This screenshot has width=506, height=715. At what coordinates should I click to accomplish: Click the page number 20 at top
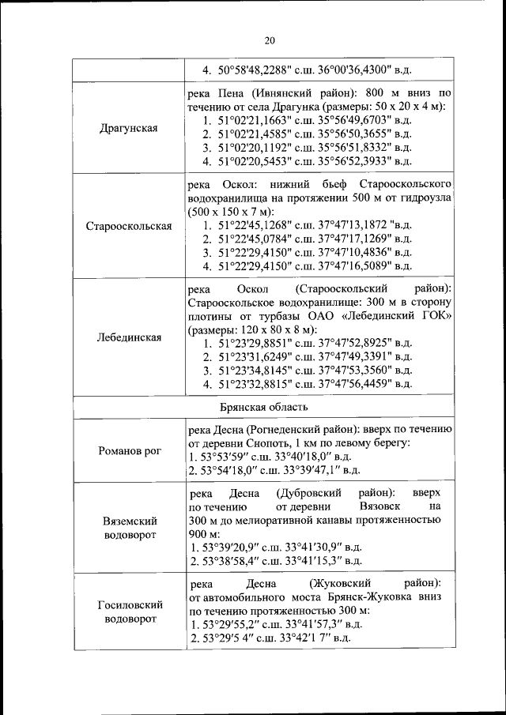[269, 40]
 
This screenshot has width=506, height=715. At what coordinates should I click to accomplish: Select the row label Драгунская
[129, 127]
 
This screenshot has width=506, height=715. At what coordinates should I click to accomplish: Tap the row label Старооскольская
[129, 225]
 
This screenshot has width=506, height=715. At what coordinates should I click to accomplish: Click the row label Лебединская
[129, 337]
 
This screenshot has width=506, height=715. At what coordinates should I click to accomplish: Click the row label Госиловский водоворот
[129, 611]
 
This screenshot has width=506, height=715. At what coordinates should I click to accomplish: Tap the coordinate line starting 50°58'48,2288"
[307, 70]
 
